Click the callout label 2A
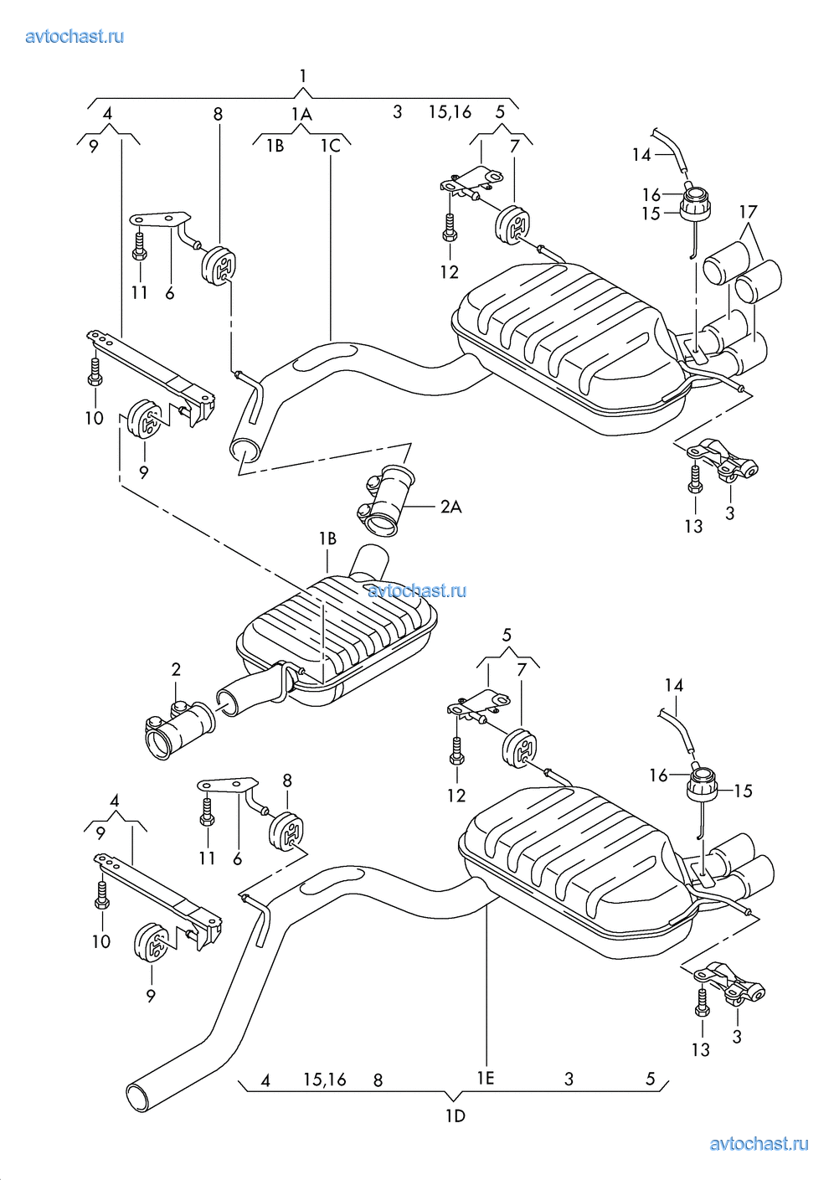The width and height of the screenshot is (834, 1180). click(450, 507)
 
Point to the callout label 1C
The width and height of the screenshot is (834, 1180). click(331, 146)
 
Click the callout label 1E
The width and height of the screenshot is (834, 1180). click(486, 1078)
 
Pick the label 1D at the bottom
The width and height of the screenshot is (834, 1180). click(455, 1116)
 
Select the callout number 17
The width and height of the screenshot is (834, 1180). click(748, 212)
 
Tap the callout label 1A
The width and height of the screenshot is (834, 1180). click(301, 114)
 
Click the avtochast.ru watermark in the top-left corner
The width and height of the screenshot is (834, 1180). click(75, 36)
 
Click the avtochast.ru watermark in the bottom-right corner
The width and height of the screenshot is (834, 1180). click(759, 1144)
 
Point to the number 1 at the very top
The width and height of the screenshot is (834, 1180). click(303, 76)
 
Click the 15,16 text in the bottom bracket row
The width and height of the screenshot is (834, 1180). click(324, 1080)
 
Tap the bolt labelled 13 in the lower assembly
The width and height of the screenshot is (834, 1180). click(702, 1002)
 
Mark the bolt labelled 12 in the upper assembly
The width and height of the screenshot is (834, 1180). click(450, 228)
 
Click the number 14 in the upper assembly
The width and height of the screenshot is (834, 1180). click(641, 155)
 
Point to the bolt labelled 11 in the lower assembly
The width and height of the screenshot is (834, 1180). click(207, 813)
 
